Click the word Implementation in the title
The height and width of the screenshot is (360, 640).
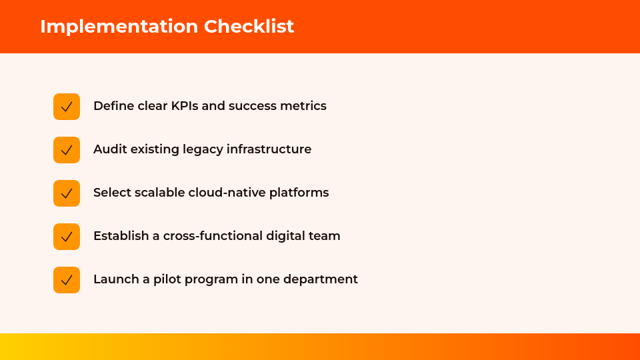pos(119,27)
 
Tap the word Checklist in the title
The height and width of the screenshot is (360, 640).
pos(249,26)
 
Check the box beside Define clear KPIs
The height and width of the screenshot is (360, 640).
pos(67,107)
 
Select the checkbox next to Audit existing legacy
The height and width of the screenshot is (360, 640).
pos(67,150)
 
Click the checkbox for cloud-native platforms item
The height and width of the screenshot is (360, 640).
pos(67,193)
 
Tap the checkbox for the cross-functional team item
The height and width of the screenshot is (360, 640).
pos(67,236)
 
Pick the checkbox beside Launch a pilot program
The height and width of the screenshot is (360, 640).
pos(67,279)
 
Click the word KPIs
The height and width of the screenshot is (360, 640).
pos(185,106)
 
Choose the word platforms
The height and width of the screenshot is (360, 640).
pos(299,193)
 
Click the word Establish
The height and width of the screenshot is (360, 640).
pos(121,235)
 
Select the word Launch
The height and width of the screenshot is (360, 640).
pos(116,279)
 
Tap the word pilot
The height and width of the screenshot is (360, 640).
pos(166,279)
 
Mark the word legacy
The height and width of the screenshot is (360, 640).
pos(203,149)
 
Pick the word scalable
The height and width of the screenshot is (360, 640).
pos(159,192)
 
